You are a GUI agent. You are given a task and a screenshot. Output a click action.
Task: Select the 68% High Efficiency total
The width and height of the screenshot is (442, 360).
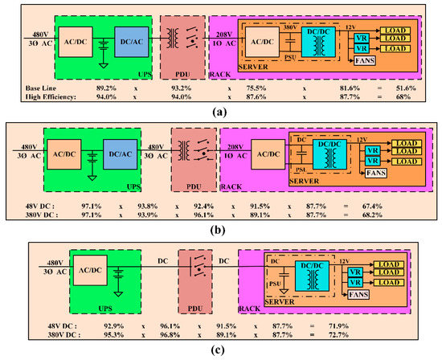403,96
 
